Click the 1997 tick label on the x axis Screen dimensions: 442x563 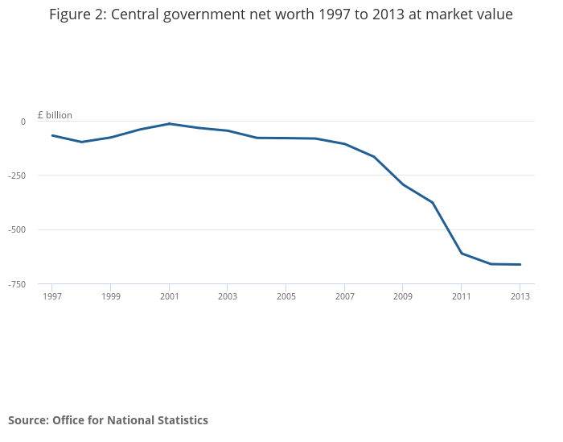click(x=51, y=296)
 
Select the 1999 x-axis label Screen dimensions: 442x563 click(x=110, y=296)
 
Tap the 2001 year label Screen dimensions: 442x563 click(x=169, y=296)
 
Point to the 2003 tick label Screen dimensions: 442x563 click(x=228, y=296)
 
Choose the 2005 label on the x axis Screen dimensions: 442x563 click(x=286, y=296)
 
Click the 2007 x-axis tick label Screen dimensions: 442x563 click(x=344, y=296)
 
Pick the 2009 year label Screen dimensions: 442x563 click(x=403, y=296)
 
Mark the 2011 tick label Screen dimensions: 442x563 click(x=462, y=296)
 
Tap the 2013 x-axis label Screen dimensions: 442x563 click(x=520, y=296)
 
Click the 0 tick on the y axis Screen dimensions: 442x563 click(x=23, y=122)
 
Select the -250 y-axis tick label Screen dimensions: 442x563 click(x=18, y=176)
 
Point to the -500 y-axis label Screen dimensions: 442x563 click(x=18, y=229)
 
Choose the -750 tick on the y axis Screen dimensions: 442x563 click(x=18, y=284)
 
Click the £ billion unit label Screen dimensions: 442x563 click(x=55, y=115)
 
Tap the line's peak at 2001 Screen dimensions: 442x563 click(x=169, y=123)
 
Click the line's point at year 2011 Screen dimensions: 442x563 click(x=462, y=254)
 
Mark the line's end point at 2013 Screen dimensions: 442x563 click(x=520, y=265)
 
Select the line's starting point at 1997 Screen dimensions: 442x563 click(x=52, y=135)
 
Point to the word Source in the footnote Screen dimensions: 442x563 click(x=27, y=420)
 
